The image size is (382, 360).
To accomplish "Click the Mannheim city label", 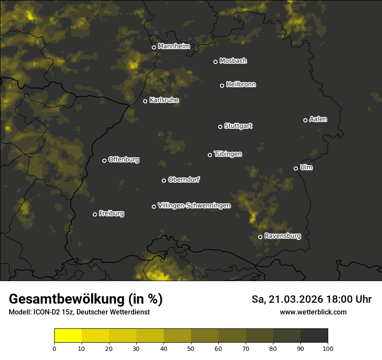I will pos(174,46).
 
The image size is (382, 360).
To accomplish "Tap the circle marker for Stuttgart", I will pos(220,127).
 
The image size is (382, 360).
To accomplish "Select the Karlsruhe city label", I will pos(164,100).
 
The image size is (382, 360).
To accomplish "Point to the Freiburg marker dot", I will pos(95,214).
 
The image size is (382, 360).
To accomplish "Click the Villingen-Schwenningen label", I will pos(194,206).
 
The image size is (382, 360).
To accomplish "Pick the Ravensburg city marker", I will pos(260,237).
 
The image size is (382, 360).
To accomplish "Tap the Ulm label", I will pos(306,167).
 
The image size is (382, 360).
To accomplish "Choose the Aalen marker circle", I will pos(305,120).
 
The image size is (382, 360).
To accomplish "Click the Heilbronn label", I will pos(241,85).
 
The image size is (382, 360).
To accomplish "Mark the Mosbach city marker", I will pos(215,62).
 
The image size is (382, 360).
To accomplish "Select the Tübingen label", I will pos(228,154).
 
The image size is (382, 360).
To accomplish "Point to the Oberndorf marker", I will pos(164,180).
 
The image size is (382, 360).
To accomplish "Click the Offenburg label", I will pos(124,160).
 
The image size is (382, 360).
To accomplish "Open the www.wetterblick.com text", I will pos(313,312).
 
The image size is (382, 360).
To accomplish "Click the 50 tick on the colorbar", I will pos(191,348).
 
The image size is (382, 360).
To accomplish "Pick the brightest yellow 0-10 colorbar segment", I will pos(68,335).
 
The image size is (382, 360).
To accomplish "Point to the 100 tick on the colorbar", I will pos(327,348).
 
